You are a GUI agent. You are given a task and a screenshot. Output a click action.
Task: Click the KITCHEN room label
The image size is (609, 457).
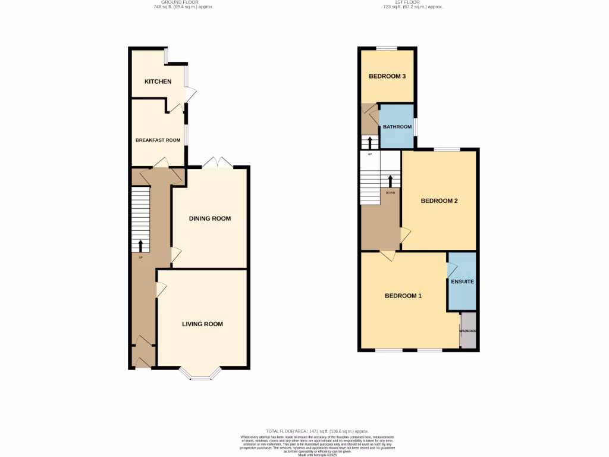click(x=158, y=82)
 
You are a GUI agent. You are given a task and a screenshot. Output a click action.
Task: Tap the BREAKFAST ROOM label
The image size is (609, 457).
click(x=158, y=140)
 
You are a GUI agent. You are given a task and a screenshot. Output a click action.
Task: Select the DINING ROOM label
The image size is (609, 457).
click(x=209, y=218)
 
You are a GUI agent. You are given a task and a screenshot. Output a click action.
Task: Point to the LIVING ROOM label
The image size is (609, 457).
click(x=202, y=324)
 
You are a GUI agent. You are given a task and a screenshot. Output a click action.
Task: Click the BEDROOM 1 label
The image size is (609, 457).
click(x=403, y=296)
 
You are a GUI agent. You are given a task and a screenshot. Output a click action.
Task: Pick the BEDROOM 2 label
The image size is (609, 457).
click(x=439, y=201)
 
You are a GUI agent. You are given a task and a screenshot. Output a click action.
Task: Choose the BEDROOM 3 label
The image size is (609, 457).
click(x=387, y=76)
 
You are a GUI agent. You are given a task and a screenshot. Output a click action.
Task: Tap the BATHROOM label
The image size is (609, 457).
click(x=397, y=127)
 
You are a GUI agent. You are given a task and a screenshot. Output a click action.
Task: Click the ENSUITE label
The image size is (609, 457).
click(x=462, y=281)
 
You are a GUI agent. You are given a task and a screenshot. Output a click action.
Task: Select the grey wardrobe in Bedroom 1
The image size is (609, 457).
click(x=468, y=331)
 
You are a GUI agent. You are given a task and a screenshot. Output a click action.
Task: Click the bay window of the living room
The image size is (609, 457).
click(x=200, y=374)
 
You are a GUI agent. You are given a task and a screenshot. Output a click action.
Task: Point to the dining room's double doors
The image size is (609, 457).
click(x=217, y=162)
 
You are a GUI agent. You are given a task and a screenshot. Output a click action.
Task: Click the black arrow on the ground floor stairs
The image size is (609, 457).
click(x=140, y=246)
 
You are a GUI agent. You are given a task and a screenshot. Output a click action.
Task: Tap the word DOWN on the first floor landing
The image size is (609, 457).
click(x=390, y=193)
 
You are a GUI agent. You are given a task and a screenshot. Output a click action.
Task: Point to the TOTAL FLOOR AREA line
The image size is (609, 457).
click(x=317, y=431)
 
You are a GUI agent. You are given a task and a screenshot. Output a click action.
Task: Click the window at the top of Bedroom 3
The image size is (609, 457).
click(x=387, y=49)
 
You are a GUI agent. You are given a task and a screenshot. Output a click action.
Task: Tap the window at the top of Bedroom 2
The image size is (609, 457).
click(x=446, y=149)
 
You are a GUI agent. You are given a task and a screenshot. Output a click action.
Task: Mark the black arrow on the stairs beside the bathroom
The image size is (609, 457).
click(x=370, y=143)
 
